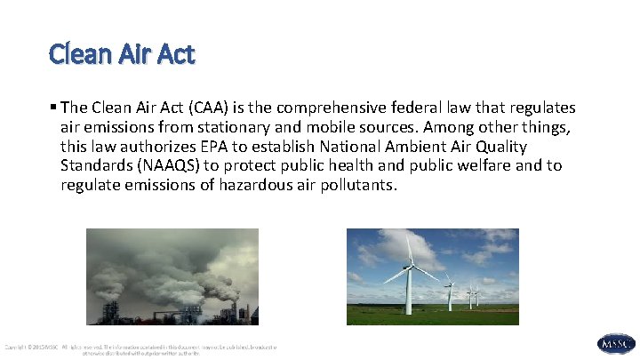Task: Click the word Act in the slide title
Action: [174, 55]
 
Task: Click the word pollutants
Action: [354, 186]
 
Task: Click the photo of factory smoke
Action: [172, 276]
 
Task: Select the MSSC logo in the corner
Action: [615, 343]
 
